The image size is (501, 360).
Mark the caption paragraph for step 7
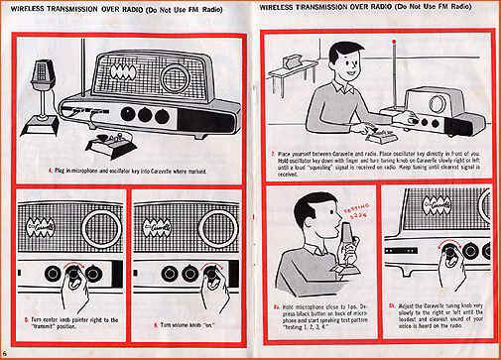pyautogui.click(x=374, y=168)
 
